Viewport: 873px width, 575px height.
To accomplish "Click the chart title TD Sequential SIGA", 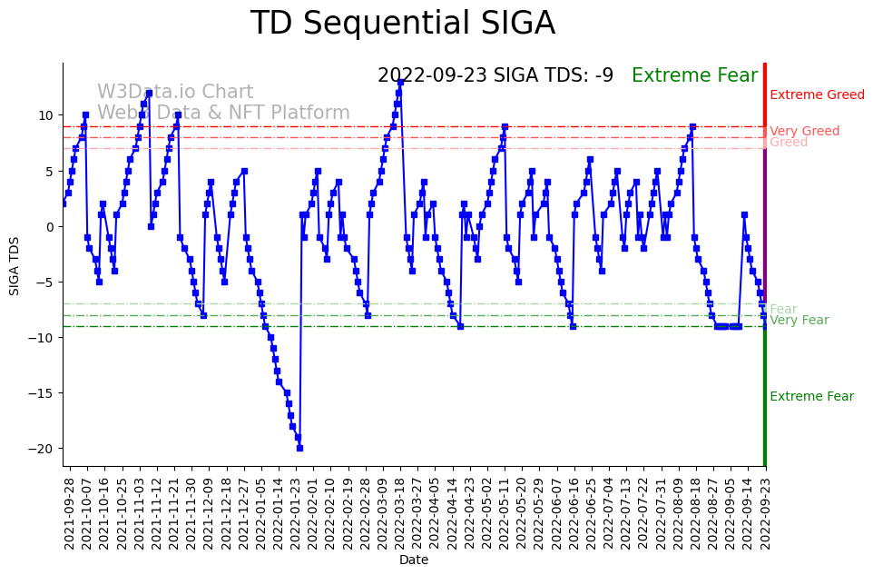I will (x=402, y=24).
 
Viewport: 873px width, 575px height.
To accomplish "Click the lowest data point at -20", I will (x=299, y=448).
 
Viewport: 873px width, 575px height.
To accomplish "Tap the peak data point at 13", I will (x=400, y=82).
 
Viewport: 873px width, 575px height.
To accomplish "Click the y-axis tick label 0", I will (x=53, y=226).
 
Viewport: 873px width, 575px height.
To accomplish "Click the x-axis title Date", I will (x=414, y=560).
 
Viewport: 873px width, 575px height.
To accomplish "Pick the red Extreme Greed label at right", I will (x=817, y=95).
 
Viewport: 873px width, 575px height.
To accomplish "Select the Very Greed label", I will (x=804, y=132).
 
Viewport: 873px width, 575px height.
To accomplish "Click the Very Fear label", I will (x=799, y=321).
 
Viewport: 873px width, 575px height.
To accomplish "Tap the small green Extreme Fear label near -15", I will (x=811, y=397).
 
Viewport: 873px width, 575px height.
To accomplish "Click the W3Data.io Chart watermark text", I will (x=175, y=93).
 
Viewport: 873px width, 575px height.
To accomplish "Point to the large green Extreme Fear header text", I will (x=694, y=75).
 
